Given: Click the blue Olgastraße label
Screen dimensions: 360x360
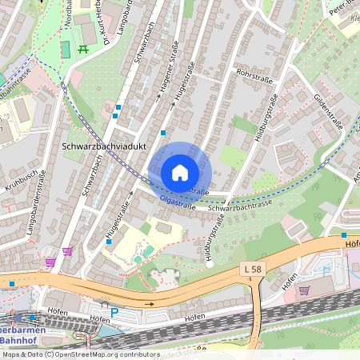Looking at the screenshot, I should (178, 204).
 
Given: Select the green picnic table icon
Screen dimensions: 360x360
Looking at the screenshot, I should (83, 50).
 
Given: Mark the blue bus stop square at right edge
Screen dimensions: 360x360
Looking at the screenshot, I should (344, 236).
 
